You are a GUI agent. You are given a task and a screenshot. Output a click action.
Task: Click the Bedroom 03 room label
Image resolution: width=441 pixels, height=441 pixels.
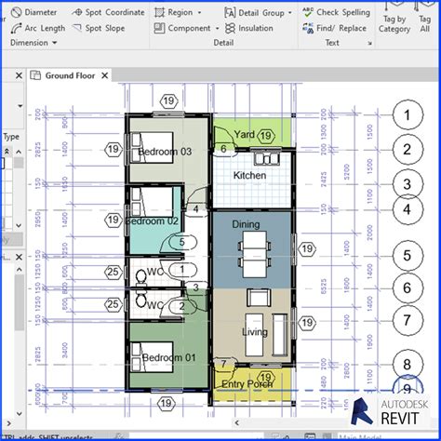pos(165,151)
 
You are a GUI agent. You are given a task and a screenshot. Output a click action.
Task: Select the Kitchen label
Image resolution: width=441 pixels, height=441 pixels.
pos(249,175)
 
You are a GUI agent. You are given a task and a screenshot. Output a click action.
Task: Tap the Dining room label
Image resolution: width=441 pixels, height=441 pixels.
pos(246,224)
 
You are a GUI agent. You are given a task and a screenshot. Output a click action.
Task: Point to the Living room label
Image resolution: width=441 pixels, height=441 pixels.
pos(255,332)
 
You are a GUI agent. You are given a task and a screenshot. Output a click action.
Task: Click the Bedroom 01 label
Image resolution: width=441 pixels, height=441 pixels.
pos(165,357)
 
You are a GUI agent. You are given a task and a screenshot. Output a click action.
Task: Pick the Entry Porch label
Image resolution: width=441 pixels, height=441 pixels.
pos(246,383)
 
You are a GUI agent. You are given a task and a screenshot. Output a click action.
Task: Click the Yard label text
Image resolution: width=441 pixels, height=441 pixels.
pos(244,134)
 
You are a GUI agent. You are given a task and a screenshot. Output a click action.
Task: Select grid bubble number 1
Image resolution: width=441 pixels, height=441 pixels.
pos(406,115)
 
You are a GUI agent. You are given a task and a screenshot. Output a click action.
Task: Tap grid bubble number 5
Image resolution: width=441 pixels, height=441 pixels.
pos(406,255)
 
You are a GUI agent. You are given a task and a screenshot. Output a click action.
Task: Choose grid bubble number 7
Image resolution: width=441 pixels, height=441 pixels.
pos(406,320)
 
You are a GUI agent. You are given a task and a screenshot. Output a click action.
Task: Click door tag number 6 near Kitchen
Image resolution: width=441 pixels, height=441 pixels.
pos(223,149)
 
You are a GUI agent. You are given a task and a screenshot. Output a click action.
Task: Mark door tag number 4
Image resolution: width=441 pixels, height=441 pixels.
pos(195,210)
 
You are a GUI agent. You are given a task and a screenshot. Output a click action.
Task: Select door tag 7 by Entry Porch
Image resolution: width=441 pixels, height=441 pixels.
pos(223,364)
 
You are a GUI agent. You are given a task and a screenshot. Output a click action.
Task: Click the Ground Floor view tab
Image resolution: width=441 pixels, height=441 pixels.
pos(71,75)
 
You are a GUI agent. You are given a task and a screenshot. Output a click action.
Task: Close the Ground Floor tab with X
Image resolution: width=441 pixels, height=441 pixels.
pos(104,75)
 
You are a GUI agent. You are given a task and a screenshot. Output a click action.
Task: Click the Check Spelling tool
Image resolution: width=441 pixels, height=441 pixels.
pos(336,12)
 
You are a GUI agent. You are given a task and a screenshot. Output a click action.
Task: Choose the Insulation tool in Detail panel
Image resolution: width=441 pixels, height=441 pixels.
pos(248,28)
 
